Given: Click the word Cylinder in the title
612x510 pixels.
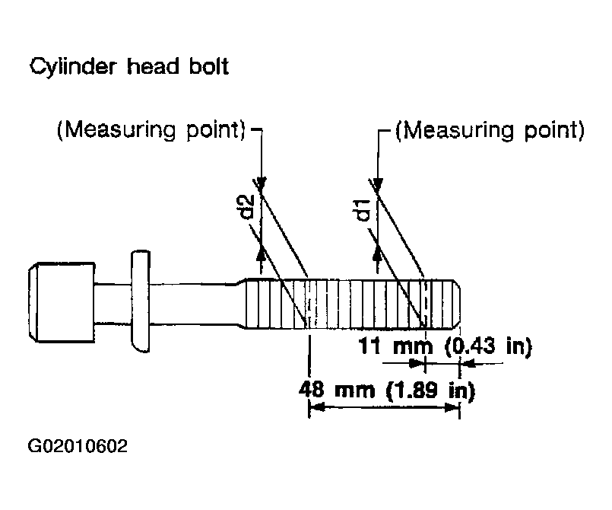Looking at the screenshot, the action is click(x=73, y=67).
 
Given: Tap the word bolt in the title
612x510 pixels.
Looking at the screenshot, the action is click(x=209, y=65).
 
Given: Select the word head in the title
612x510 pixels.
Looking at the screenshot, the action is click(x=153, y=65).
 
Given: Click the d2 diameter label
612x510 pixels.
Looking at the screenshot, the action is click(x=246, y=207).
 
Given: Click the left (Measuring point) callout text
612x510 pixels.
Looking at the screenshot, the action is click(x=151, y=129).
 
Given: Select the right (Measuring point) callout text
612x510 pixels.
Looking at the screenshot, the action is click(x=490, y=129).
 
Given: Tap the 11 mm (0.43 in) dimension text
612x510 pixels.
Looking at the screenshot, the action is click(x=445, y=346).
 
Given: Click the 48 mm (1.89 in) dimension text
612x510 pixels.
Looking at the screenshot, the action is click(x=387, y=390).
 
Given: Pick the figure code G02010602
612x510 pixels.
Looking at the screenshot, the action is click(x=78, y=446).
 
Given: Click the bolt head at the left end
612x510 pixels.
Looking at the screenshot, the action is click(x=62, y=302).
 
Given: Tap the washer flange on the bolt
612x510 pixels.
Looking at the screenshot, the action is click(x=141, y=301).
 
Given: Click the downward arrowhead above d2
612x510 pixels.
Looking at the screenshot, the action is click(x=261, y=183).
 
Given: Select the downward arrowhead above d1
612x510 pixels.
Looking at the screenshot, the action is click(x=377, y=183).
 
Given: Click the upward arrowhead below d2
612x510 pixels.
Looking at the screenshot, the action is click(x=261, y=253).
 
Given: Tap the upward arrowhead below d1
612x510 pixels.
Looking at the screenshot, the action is click(x=377, y=253).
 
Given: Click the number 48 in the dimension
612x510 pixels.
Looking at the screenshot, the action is click(x=312, y=390).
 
